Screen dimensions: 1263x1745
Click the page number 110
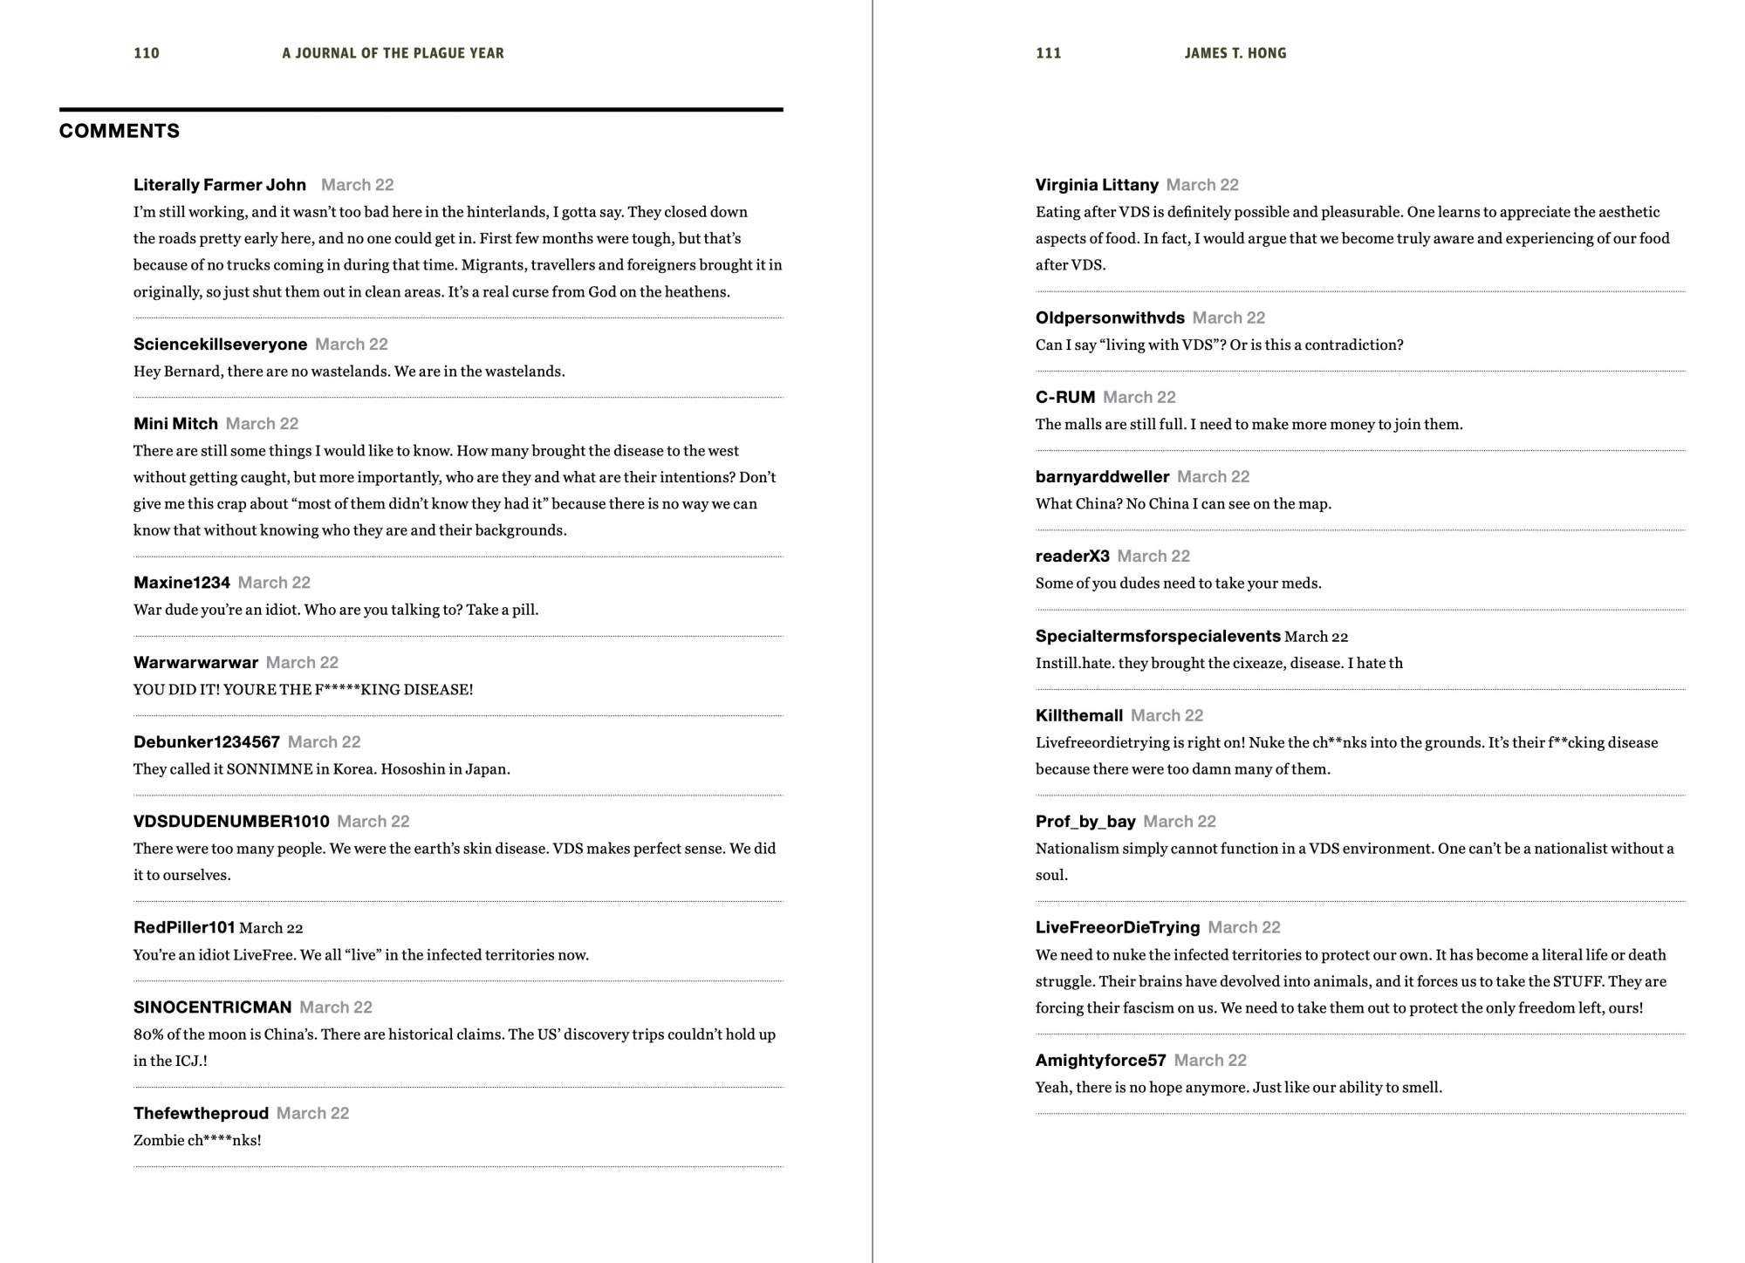(147, 53)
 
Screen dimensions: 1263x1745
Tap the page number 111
(1048, 53)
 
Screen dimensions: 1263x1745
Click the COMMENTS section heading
(120, 131)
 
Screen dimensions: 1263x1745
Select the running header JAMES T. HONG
(1235, 53)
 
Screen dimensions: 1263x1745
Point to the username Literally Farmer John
(220, 185)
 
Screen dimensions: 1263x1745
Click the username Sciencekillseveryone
(220, 345)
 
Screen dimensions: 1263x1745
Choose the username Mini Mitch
(175, 424)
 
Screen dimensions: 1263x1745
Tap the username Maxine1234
(181, 583)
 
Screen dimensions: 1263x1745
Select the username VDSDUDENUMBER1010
(231, 822)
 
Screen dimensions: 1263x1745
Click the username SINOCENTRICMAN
(212, 1007)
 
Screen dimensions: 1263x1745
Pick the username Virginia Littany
(1097, 185)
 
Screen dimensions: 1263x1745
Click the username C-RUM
(1064, 398)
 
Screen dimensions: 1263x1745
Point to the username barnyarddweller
(1102, 477)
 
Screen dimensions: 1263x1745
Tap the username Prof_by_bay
(1085, 822)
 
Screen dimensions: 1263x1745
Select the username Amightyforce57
(1100, 1061)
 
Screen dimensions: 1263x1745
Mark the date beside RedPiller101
(271, 928)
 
